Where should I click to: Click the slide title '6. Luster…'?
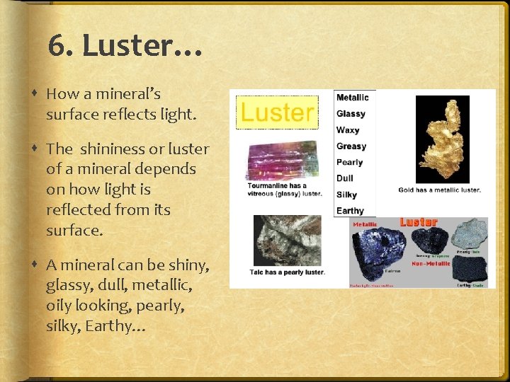(125, 47)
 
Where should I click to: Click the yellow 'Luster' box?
(278, 112)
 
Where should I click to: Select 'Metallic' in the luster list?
(352, 98)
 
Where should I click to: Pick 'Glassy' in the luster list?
(351, 114)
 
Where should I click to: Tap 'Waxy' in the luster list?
(348, 130)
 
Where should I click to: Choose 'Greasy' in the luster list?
(351, 146)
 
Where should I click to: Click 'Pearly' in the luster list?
(350, 163)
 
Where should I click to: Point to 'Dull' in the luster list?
(346, 178)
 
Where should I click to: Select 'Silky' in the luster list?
(347, 195)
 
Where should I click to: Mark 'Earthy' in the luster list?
(350, 211)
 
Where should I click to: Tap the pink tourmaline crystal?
(282, 161)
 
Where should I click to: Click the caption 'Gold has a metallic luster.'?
(439, 190)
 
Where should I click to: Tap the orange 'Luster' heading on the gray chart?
(418, 223)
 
